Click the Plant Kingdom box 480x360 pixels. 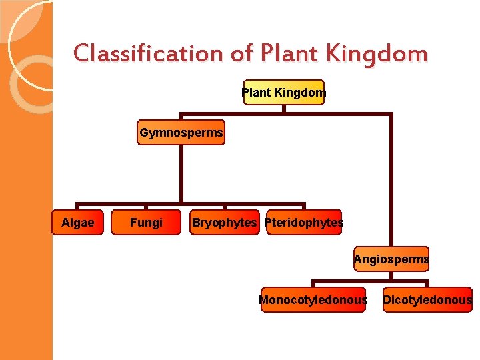(284, 93)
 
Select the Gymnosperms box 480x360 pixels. (181, 133)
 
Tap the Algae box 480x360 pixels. (77, 223)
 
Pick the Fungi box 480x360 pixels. (146, 223)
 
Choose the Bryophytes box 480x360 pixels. (224, 223)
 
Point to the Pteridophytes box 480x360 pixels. (304, 223)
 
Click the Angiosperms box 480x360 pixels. (391, 259)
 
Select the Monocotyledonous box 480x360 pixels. (313, 300)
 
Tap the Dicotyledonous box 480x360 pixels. (427, 300)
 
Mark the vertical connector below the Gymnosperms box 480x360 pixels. (181, 173)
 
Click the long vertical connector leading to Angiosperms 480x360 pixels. (391, 180)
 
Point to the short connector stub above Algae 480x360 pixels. (77, 207)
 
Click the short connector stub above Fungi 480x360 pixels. (146, 207)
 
